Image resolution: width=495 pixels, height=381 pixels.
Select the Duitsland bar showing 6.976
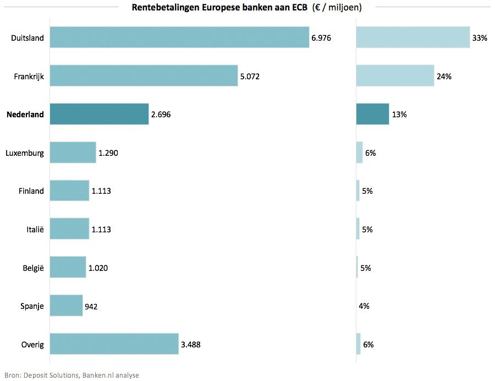click(179, 37)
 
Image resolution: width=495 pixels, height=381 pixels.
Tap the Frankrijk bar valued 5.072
click(144, 76)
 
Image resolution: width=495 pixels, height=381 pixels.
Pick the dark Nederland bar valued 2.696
click(99, 114)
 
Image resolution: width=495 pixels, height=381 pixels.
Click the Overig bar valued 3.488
click(114, 344)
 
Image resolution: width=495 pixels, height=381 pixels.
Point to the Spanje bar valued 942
click(66, 306)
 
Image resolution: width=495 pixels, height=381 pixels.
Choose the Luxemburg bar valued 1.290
click(73, 153)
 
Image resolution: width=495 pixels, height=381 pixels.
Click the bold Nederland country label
click(25, 115)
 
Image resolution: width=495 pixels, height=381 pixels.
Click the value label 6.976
click(321, 38)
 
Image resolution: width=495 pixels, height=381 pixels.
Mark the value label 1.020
click(98, 268)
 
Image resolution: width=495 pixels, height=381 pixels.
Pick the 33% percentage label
click(479, 38)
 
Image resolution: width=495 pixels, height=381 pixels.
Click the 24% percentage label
click(444, 77)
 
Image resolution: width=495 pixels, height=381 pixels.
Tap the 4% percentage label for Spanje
click(364, 306)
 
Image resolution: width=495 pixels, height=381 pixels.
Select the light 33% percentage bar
click(413, 37)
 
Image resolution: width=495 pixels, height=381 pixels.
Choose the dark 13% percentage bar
click(372, 114)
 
